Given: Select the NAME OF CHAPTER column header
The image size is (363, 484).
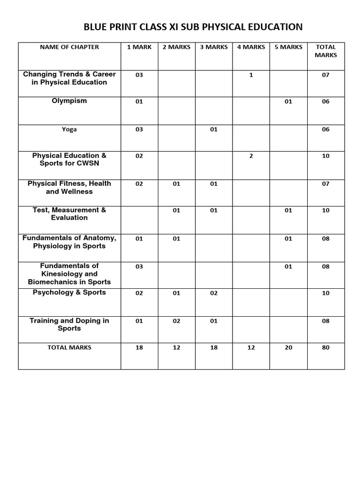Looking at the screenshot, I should pyautogui.click(x=69, y=47).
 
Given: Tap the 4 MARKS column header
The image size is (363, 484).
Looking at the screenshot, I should pyautogui.click(x=251, y=47).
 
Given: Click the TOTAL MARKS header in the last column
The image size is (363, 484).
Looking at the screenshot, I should pyautogui.click(x=326, y=51).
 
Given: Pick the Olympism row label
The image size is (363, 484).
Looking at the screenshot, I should pyautogui.click(x=69, y=101).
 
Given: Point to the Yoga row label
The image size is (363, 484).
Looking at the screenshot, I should pyautogui.click(x=69, y=129).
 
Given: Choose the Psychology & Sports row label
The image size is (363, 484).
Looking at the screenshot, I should pyautogui.click(x=69, y=293).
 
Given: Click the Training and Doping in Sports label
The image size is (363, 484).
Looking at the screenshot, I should pyautogui.click(x=69, y=324).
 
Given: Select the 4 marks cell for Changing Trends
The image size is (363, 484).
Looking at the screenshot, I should pyautogui.click(x=251, y=75).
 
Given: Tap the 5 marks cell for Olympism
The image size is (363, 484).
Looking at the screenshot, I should pyautogui.click(x=288, y=101).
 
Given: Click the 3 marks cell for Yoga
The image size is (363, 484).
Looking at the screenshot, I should pyautogui.click(x=214, y=129).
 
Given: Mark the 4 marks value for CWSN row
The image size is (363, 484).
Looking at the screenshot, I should pyautogui.click(x=251, y=156).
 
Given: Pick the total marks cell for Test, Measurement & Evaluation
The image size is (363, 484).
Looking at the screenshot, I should pyautogui.click(x=326, y=210).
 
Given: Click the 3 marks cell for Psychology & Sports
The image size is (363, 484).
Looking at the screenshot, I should pyautogui.click(x=214, y=293).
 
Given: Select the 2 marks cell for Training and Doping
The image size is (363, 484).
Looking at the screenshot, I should pyautogui.click(x=176, y=321).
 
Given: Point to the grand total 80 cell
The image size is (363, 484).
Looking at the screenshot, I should pyautogui.click(x=326, y=347).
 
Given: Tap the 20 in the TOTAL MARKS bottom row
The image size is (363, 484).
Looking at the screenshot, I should pyautogui.click(x=288, y=347).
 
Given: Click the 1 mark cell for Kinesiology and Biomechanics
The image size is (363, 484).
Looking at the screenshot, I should pyautogui.click(x=139, y=267).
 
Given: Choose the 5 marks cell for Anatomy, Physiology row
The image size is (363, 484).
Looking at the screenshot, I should pyautogui.click(x=288, y=239).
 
